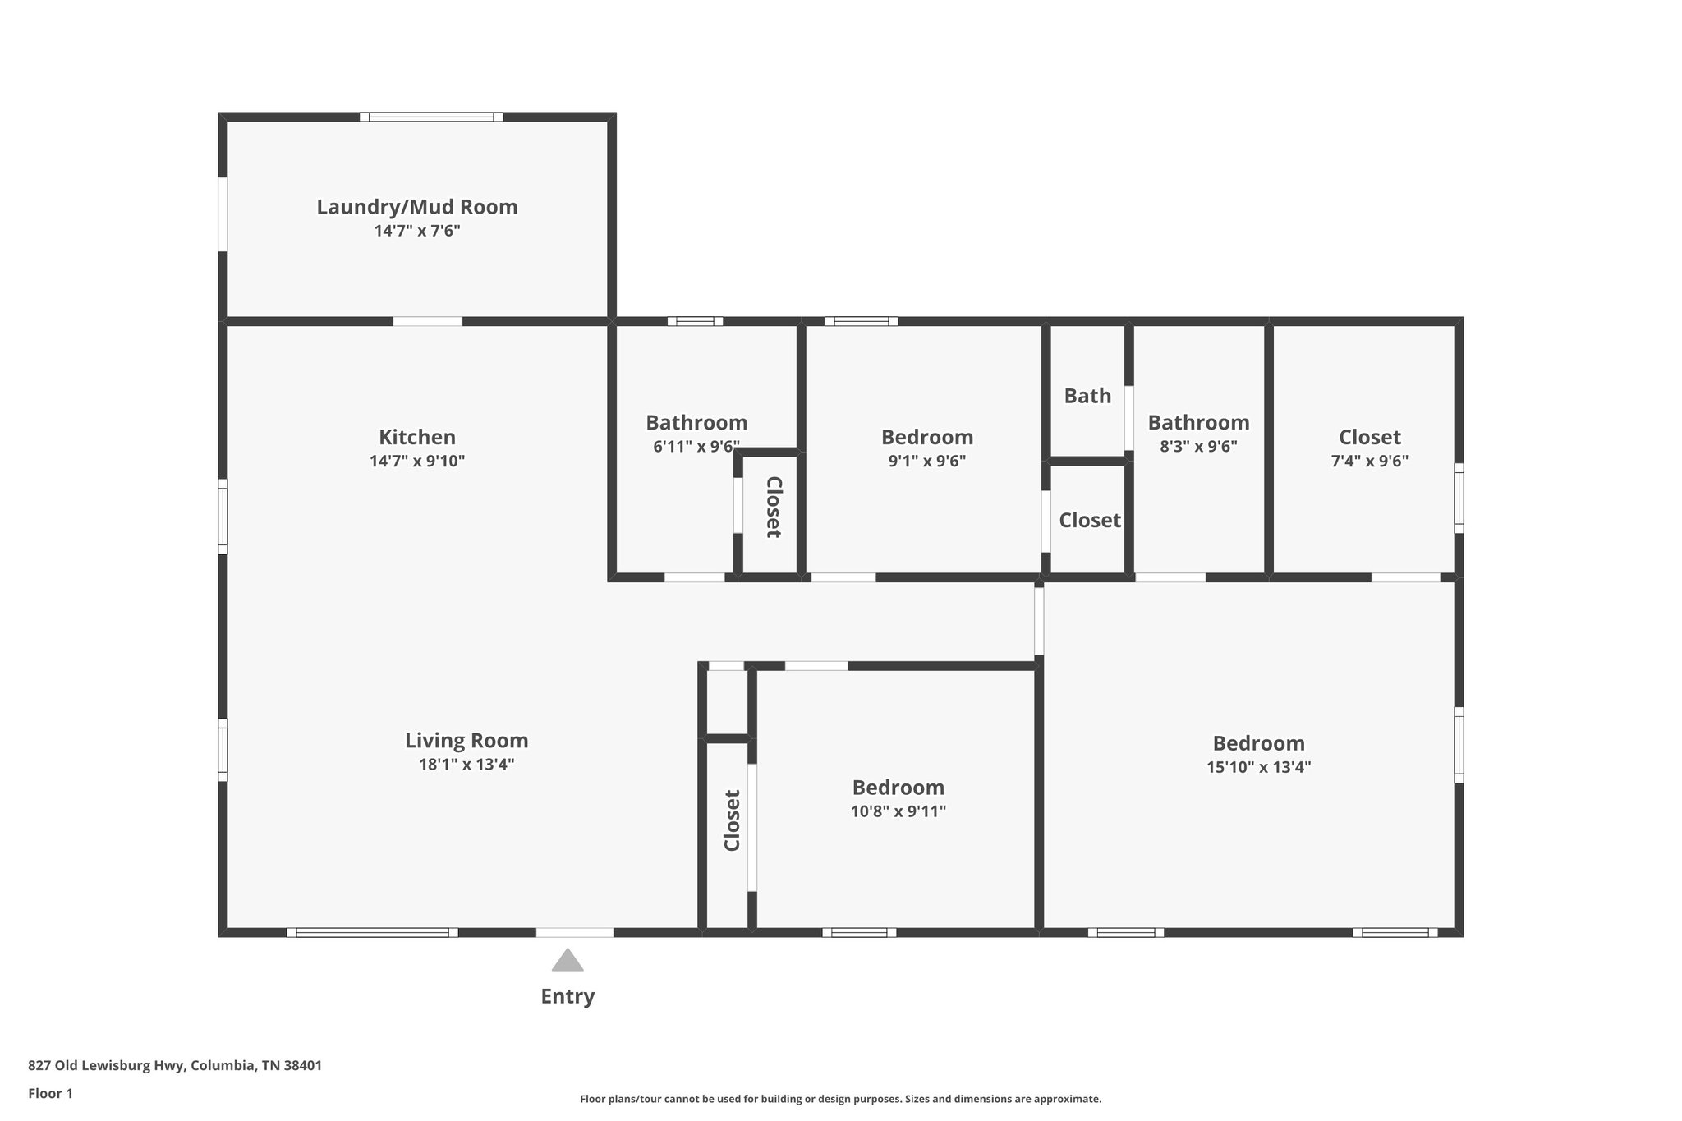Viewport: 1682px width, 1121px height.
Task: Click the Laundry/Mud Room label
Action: point(417,207)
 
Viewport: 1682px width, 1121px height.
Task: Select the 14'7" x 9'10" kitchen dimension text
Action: point(417,462)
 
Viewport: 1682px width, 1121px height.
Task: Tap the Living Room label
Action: point(466,741)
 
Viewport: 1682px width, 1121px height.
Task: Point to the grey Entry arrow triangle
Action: point(567,960)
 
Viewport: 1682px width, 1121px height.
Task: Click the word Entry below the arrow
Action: point(567,996)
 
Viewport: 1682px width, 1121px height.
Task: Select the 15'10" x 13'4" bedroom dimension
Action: point(1258,768)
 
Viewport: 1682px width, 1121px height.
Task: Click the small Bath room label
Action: point(1087,396)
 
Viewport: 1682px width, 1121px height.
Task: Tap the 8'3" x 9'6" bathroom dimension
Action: point(1198,447)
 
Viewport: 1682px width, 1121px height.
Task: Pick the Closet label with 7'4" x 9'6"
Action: point(1369,437)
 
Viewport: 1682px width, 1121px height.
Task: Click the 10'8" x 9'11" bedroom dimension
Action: point(898,812)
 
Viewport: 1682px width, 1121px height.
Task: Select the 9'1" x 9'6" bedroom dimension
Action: point(926,462)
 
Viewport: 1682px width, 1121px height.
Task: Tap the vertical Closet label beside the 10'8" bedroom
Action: point(732,820)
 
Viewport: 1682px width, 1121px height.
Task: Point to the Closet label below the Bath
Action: point(1089,520)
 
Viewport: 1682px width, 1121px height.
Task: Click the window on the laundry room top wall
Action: point(431,117)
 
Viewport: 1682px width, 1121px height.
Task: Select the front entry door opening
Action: point(574,932)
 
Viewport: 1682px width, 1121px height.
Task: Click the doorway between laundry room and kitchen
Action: point(427,321)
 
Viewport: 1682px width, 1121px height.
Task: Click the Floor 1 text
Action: point(50,1093)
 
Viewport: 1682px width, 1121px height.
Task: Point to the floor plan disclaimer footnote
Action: point(840,1099)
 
